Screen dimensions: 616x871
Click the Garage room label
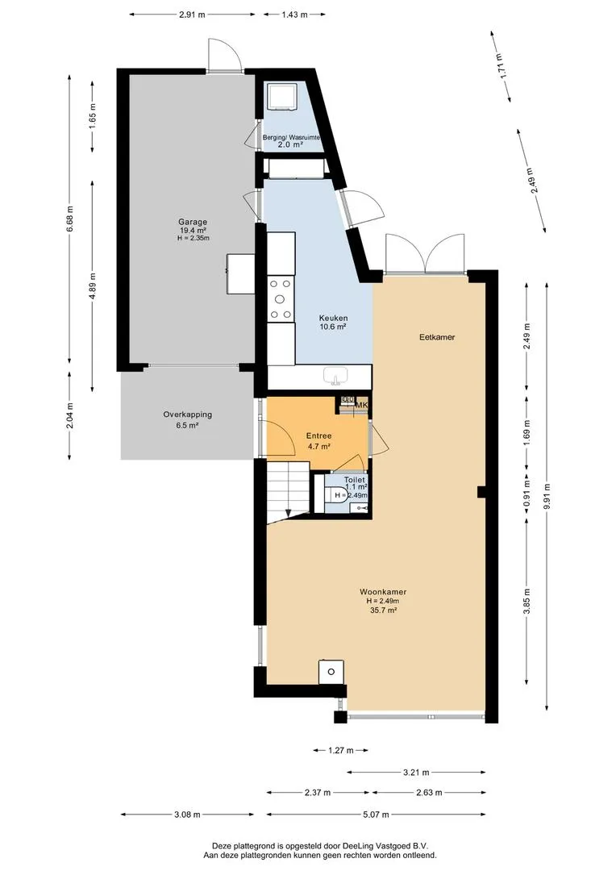pos(192,223)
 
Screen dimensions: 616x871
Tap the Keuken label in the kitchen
pos(333,319)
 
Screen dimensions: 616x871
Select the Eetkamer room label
pos(437,336)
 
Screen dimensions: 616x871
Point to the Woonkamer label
pos(383,592)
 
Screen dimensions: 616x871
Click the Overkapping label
pos(187,415)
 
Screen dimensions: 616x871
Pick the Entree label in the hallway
pos(318,436)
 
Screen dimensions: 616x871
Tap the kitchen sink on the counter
pos(335,376)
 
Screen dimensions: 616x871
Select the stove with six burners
pos(281,299)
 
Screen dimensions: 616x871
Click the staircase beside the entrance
pos(288,490)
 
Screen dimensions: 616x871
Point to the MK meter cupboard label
pos(361,406)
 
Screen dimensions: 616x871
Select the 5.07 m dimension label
pos(376,815)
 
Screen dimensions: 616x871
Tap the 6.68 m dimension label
pos(69,220)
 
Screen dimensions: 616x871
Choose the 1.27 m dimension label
pos(340,751)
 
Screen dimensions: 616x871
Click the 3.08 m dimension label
pos(186,815)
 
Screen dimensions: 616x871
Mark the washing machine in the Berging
pos(282,97)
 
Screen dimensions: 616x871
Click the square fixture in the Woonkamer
pos(331,672)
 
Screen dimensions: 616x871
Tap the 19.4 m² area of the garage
pos(192,231)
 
